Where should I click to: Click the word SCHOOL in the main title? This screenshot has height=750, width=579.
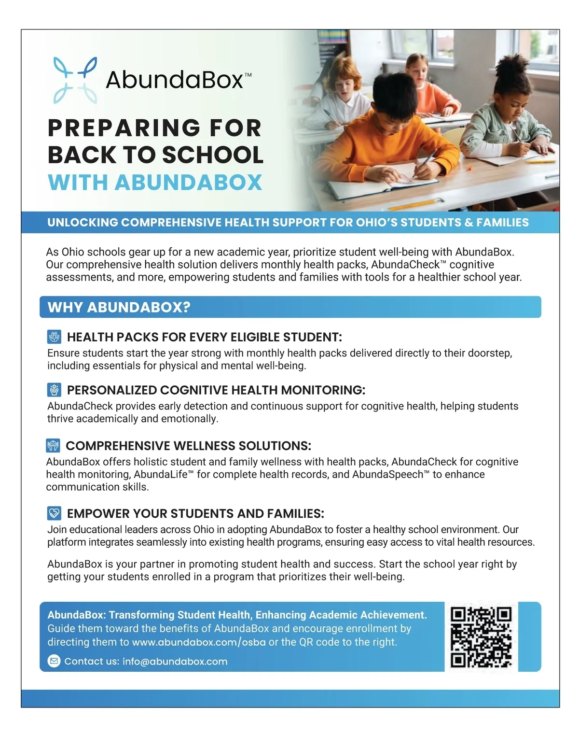coord(212,155)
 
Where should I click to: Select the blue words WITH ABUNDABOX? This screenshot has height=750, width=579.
coord(155,182)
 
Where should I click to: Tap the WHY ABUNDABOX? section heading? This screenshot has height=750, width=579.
coord(119,307)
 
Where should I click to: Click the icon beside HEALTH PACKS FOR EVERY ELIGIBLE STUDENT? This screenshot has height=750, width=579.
coord(54,337)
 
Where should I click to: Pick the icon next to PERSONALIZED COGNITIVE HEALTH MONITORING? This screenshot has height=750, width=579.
coord(54,390)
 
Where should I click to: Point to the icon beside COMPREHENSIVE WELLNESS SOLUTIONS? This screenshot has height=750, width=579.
coord(53,445)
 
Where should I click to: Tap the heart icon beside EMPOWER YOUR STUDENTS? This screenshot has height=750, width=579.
coord(54,513)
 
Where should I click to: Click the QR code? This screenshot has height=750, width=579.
coord(481,637)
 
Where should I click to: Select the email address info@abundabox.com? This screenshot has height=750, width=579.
coord(175,662)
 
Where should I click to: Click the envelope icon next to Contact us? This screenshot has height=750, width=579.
coord(54,661)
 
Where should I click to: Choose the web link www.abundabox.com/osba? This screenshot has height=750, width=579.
coord(199,642)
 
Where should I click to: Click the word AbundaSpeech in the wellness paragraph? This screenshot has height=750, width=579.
coord(389,474)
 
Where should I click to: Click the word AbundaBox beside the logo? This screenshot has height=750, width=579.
coord(175,80)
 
